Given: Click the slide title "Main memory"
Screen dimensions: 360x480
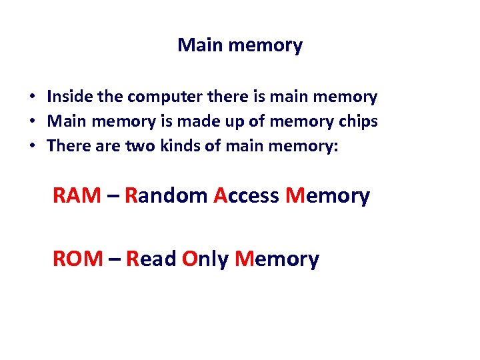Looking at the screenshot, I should pos(240,45).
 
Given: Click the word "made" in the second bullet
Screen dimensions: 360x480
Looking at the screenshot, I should pos(190,121).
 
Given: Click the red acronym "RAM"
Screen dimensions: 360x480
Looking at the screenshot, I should pos(77,196).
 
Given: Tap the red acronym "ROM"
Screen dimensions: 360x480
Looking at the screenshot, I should pos(77,259).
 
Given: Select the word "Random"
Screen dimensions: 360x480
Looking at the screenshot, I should pos(166,196).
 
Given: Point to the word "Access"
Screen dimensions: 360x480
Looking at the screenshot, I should pos(246,196).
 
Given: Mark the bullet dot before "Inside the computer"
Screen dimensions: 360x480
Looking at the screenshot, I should pos(32,97).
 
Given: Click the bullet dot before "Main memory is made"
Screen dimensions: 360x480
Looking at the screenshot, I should pos(32,122).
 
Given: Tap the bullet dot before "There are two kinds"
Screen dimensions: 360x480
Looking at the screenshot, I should pos(32,147).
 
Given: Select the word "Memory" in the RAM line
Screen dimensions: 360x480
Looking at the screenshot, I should pos(327,196).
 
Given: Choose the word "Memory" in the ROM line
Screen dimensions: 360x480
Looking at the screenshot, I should pos(277,259).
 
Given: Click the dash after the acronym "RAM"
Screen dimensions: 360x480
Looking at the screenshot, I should pos(113,197).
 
